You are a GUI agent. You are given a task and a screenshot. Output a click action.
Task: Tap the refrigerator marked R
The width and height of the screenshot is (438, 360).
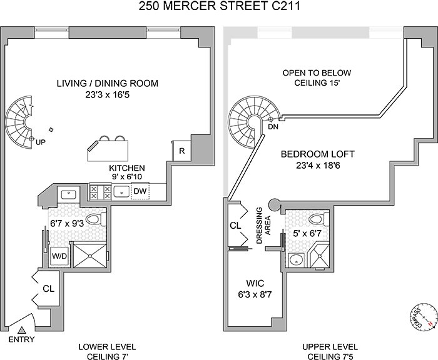point(181,151)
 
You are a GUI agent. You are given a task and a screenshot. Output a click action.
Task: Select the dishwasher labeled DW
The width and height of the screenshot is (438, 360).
point(140,191)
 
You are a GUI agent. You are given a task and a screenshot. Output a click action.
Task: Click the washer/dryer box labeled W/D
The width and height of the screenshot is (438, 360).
point(59,256)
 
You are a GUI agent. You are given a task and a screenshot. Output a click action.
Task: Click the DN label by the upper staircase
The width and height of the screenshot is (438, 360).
point(273,126)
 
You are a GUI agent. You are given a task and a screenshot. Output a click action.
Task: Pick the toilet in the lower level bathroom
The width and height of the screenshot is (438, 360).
point(95,219)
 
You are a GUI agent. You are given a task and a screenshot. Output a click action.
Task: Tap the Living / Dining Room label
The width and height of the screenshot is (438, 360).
point(107,82)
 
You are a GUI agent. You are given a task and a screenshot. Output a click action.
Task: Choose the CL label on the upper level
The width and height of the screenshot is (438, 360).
point(236,226)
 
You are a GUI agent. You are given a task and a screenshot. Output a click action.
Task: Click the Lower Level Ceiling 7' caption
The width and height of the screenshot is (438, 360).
point(107,351)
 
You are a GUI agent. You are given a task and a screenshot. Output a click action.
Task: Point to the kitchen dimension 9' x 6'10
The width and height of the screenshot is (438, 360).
point(127,177)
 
